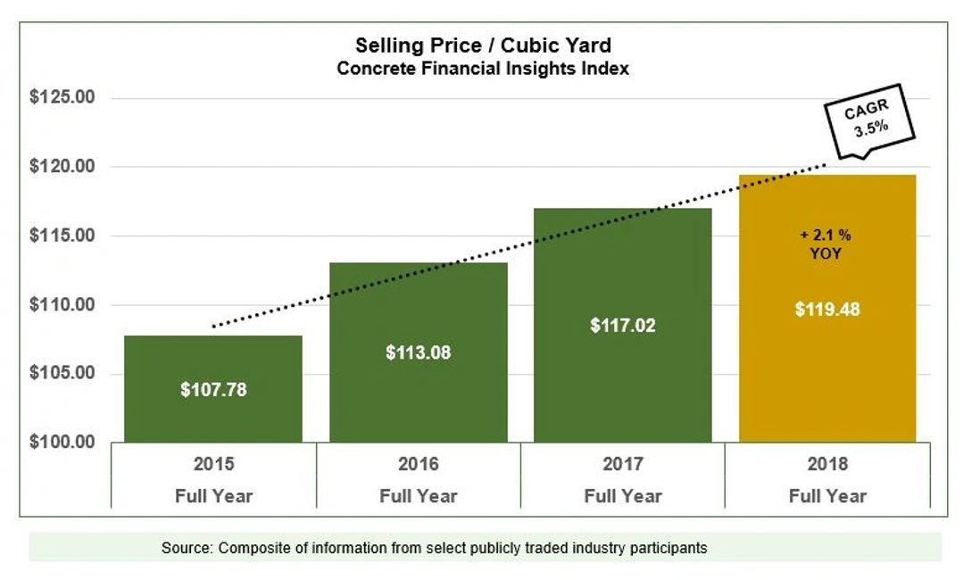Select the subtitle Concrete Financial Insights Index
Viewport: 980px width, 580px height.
483,69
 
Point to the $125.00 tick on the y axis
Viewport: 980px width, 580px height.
62,97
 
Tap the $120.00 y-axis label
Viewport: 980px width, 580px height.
62,166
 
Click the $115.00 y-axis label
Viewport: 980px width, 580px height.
62,236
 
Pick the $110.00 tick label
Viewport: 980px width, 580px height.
62,304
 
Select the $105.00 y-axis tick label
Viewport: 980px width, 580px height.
62,373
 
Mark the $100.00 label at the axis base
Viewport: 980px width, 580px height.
62,442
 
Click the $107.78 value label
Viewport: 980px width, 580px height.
212,390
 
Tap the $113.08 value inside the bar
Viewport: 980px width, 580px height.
418,352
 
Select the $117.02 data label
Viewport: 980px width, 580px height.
622,326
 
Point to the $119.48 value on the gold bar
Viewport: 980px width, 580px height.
827,311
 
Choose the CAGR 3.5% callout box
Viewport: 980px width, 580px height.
867,120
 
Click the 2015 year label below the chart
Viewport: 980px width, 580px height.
212,465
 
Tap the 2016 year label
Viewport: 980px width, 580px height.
418,465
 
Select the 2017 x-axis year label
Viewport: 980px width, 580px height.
622,465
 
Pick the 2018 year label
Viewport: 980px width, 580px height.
827,465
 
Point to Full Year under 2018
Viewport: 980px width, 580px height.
827,495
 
